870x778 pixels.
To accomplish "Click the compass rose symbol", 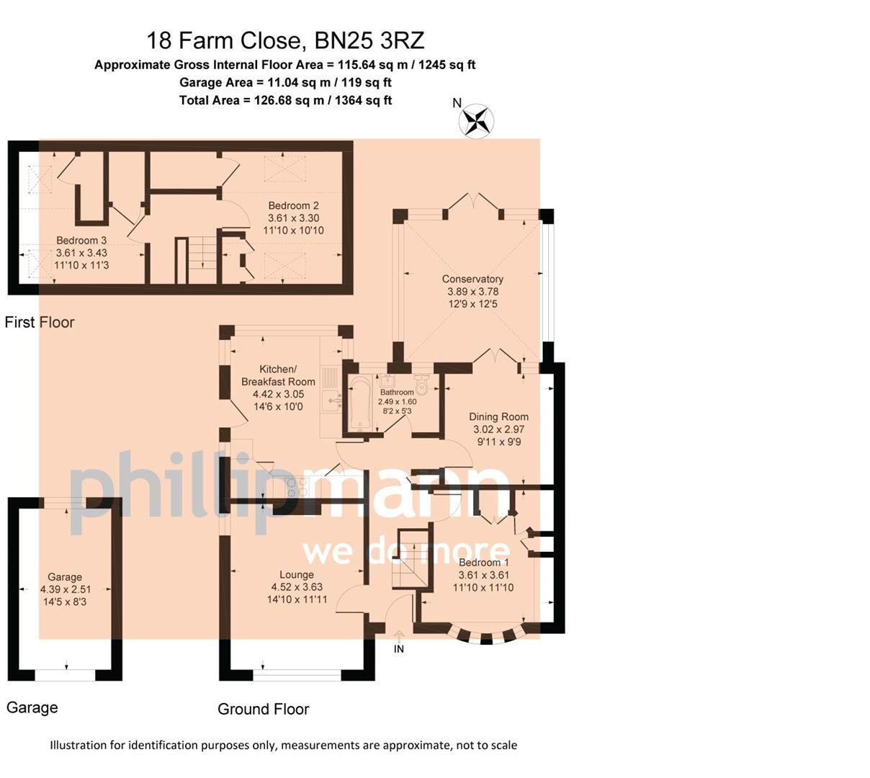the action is (476, 122).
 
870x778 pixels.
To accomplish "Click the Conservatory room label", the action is (472, 279).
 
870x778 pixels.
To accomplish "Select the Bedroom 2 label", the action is (293, 205).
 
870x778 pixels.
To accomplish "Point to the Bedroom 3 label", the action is (81, 240).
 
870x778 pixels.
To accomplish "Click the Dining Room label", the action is (498, 416).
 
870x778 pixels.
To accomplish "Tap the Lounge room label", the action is (296, 574).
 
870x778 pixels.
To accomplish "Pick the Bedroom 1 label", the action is (483, 563).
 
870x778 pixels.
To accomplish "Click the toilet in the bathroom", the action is (421, 384).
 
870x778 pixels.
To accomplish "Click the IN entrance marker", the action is (398, 649).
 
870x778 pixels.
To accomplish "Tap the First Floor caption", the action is (40, 322).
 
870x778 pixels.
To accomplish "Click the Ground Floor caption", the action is (264, 709).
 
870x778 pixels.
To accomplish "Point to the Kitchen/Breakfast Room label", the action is (278, 375).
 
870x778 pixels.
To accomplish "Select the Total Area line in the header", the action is (285, 101).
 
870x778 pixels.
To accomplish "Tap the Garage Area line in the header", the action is (285, 82).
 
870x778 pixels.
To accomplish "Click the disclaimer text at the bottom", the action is (284, 745).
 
